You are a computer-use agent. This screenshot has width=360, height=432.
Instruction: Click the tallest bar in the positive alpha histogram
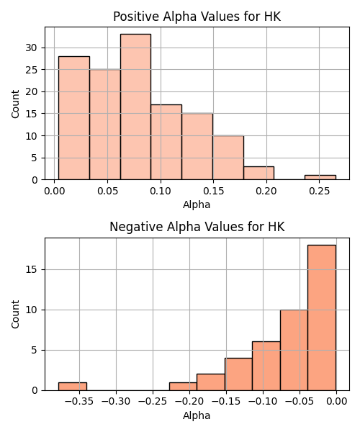coord(135,107)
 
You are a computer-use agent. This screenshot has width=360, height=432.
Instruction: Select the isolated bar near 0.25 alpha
coord(320,177)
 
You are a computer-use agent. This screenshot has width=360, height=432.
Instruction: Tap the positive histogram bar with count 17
coord(166,142)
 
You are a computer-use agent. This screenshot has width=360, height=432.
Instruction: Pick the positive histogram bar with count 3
coord(258,173)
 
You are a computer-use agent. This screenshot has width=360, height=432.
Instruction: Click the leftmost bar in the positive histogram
coord(74,118)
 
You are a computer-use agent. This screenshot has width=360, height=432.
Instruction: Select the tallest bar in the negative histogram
coord(322,318)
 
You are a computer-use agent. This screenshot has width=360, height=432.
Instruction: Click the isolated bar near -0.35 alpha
coord(73,387)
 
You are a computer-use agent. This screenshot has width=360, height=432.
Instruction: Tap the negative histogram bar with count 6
coord(266,366)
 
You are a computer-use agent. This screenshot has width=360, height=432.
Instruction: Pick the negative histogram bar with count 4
coord(238,374)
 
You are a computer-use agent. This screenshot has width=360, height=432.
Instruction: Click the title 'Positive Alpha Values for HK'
coord(197,17)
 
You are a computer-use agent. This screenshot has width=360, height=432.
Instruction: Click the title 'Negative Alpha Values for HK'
coord(197,227)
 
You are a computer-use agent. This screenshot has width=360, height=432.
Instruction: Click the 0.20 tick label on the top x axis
coord(266,191)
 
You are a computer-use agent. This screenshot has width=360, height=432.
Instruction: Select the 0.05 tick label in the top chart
coord(107,191)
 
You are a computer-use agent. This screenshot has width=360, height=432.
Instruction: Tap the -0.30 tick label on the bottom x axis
coord(116,402)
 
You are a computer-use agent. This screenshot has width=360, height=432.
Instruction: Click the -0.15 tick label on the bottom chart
coord(226,402)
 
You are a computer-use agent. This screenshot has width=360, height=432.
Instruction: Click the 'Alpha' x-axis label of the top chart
coord(197,204)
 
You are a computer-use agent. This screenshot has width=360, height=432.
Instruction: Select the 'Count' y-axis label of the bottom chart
coord(15,314)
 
